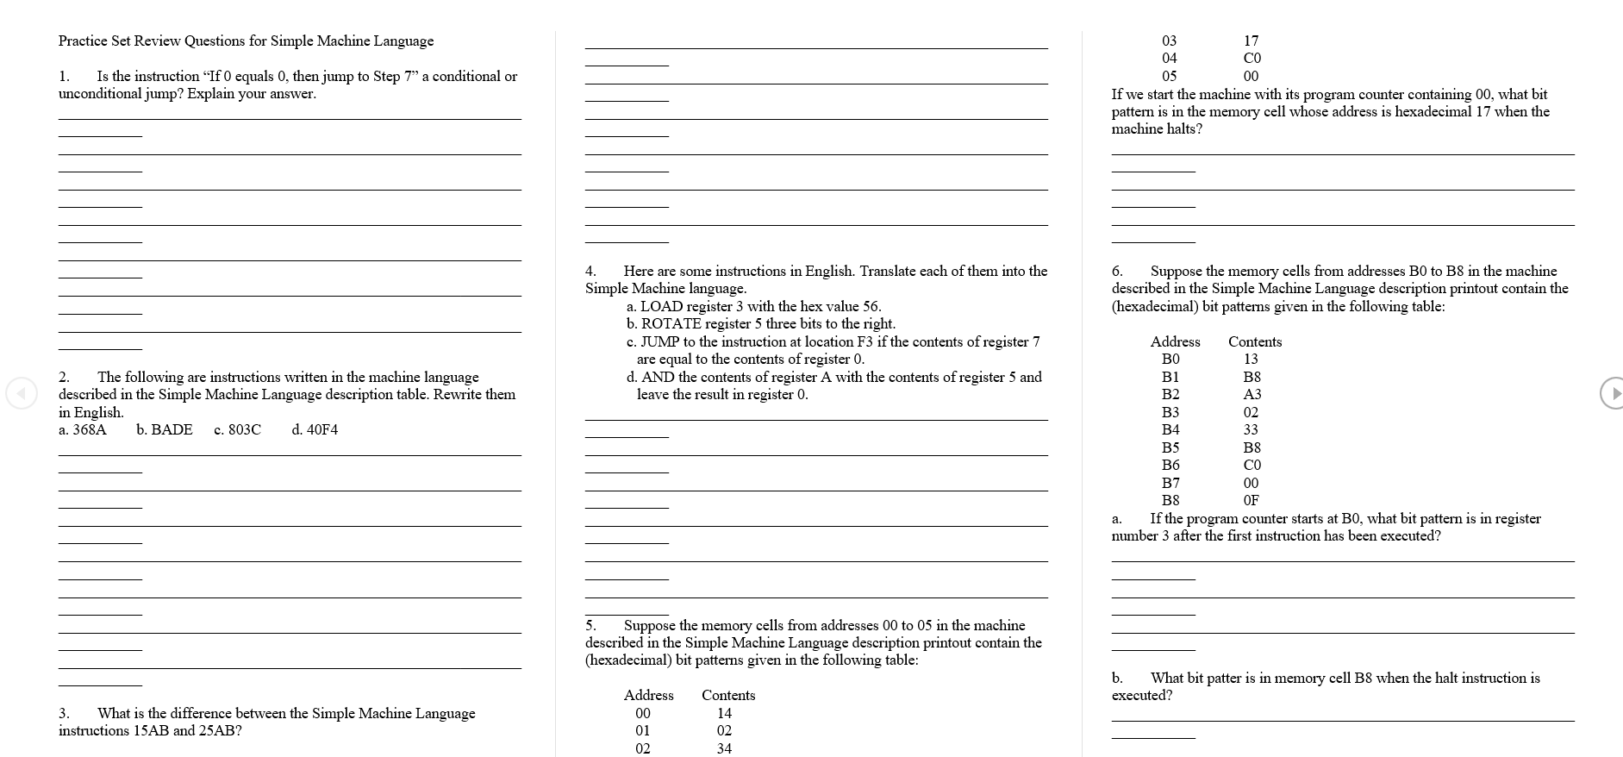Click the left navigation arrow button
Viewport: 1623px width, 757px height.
coord(22,393)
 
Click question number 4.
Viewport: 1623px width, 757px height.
coord(590,272)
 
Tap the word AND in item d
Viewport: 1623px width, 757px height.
coord(656,377)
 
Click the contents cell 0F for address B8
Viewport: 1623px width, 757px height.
coord(1251,500)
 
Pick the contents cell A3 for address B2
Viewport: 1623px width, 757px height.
coord(1252,394)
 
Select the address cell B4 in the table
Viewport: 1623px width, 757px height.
coord(1170,429)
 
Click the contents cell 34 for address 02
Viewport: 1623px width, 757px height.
coord(724,748)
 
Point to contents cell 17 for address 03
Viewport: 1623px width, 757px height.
coord(1252,41)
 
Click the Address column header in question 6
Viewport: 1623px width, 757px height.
coord(1175,341)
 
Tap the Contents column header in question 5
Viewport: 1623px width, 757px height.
coord(727,695)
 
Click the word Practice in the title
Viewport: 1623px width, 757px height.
coord(84,41)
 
